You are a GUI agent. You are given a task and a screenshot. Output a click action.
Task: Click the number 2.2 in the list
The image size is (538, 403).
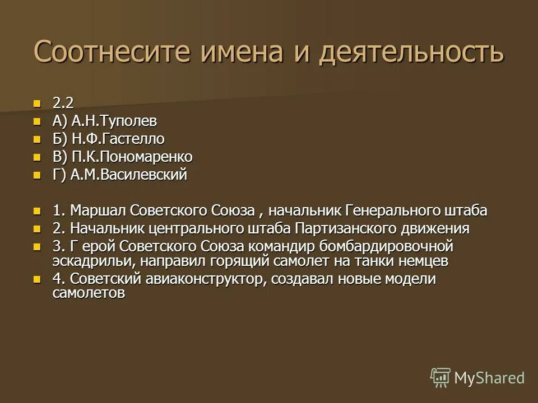(x=63, y=103)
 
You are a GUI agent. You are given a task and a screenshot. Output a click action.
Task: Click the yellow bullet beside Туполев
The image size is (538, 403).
(x=38, y=121)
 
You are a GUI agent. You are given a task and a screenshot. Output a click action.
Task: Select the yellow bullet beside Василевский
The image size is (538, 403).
(x=38, y=175)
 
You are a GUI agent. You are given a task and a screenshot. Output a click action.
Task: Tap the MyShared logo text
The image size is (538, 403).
(x=489, y=378)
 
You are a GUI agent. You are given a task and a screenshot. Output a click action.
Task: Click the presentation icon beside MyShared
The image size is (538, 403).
(x=440, y=378)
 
